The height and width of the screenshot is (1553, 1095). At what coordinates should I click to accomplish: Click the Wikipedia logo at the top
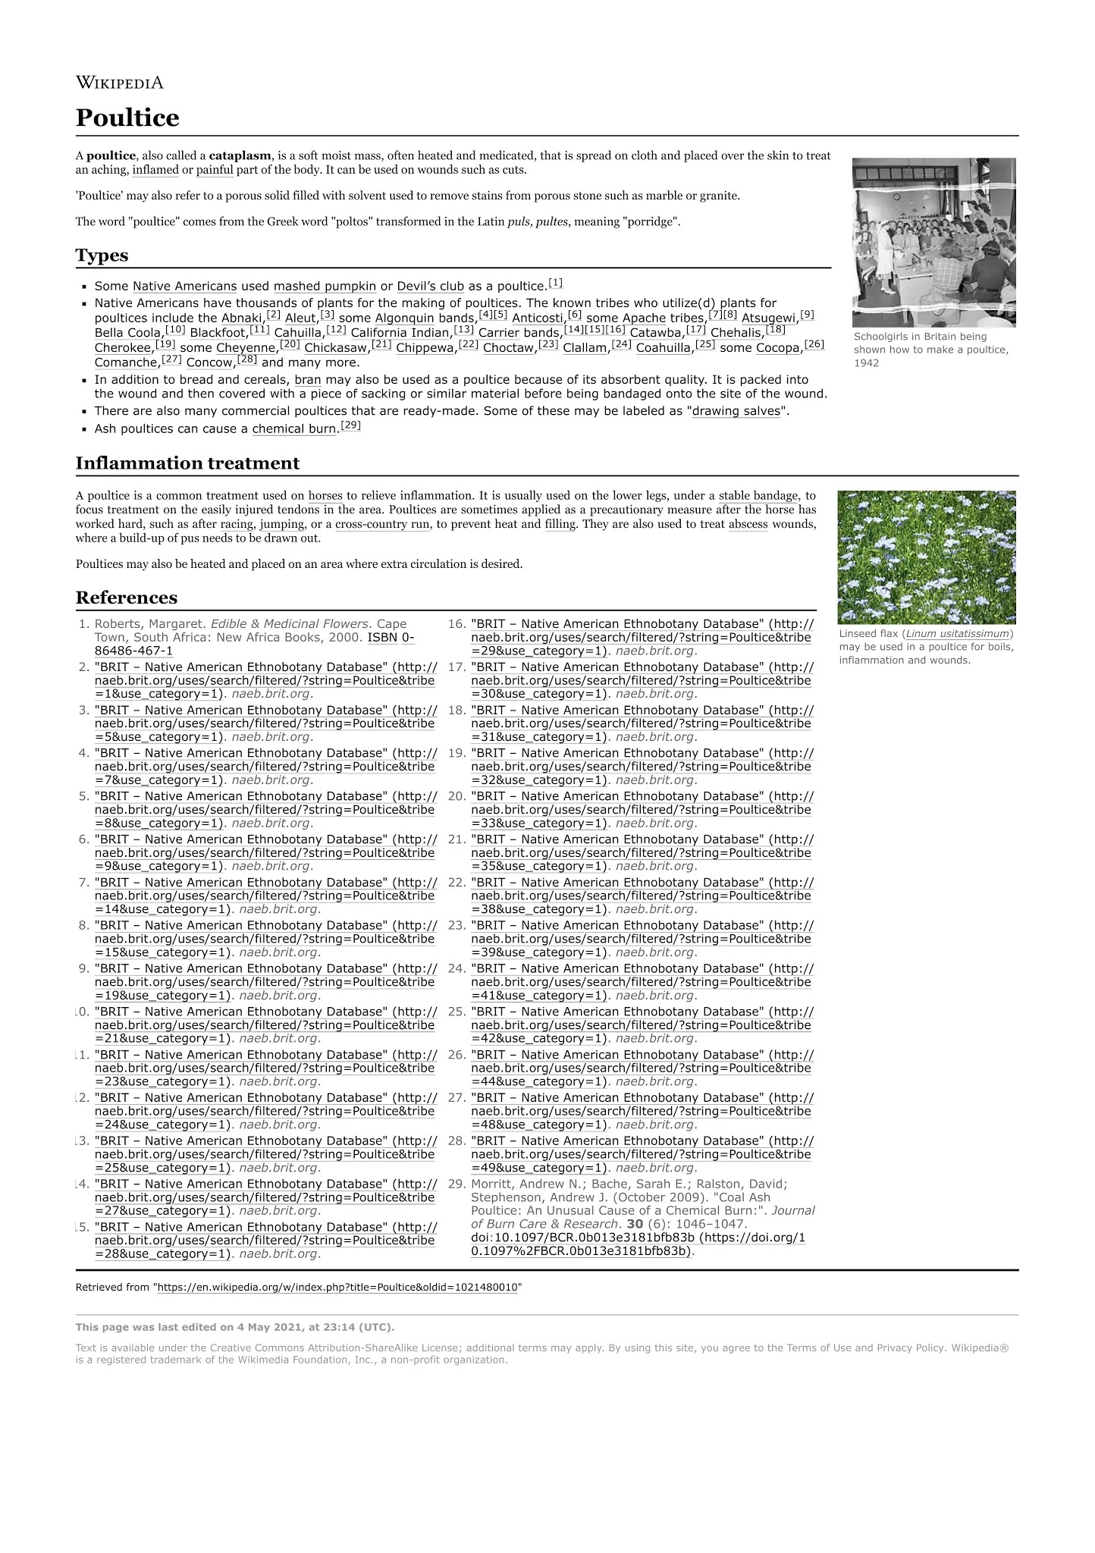click(x=119, y=83)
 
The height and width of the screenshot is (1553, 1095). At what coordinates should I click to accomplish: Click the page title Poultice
click(x=127, y=118)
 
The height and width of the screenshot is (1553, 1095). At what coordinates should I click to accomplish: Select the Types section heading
click(x=102, y=256)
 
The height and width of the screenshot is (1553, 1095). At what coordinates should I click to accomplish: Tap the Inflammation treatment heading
click(x=187, y=463)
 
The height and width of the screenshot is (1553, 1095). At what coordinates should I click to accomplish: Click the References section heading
click(x=126, y=598)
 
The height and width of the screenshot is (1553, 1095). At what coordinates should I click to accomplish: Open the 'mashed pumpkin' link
click(x=325, y=287)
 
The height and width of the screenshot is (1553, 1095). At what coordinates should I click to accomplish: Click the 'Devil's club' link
click(x=430, y=287)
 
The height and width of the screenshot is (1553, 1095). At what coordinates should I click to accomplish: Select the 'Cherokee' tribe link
click(x=123, y=348)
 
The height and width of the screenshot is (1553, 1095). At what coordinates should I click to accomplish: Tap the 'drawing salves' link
click(x=736, y=411)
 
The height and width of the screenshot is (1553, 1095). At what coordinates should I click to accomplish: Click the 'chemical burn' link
click(x=293, y=429)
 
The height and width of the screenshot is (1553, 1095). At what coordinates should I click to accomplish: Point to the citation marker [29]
click(x=350, y=426)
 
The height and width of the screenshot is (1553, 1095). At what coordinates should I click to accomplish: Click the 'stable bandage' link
click(x=758, y=496)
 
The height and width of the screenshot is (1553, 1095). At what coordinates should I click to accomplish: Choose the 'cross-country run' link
click(x=382, y=524)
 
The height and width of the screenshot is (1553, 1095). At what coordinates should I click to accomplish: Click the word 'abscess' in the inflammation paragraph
click(x=748, y=524)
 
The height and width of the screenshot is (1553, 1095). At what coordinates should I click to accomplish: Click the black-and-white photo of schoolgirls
click(x=933, y=243)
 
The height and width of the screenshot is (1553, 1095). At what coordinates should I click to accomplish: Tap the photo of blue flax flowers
click(x=927, y=557)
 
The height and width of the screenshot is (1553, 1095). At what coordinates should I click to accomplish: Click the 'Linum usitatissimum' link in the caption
click(x=959, y=634)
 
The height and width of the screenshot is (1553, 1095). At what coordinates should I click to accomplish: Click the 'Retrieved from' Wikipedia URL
click(x=337, y=1288)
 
